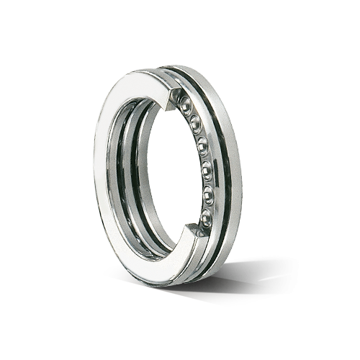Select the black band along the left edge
(x=65, y=180)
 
